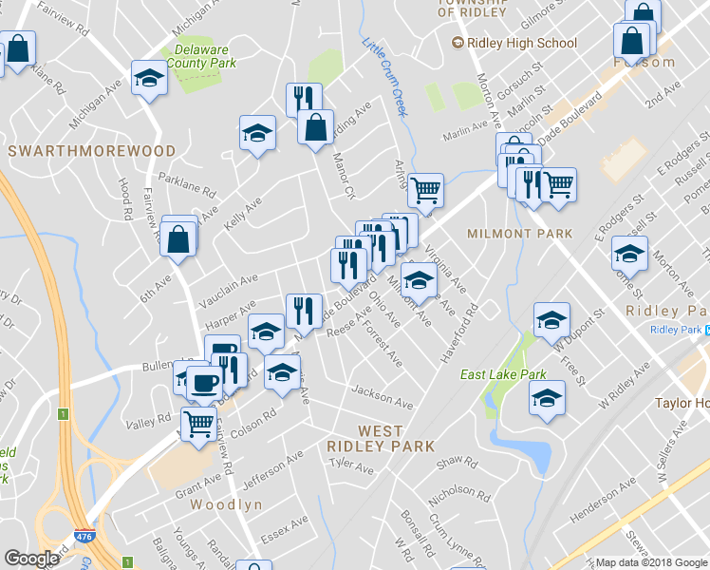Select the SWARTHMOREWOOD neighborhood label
tap(92, 151)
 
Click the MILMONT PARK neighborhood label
tap(520, 233)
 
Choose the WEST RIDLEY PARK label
tap(381, 439)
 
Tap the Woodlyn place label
tap(226, 505)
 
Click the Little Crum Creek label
tap(385, 76)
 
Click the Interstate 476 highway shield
tap(84, 537)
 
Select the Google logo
tap(31, 559)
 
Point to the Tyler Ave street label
tap(352, 466)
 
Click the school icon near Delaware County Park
tap(149, 77)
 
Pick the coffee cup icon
tap(204, 383)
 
